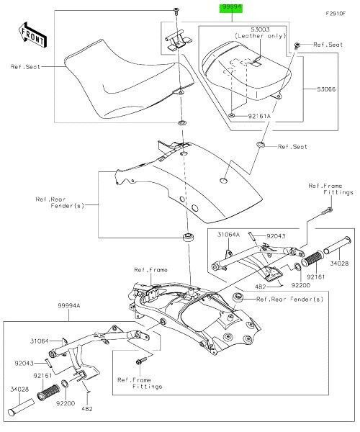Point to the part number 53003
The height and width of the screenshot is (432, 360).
252,28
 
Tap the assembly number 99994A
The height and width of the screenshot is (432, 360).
71,306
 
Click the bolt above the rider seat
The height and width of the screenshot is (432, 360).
176,10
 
